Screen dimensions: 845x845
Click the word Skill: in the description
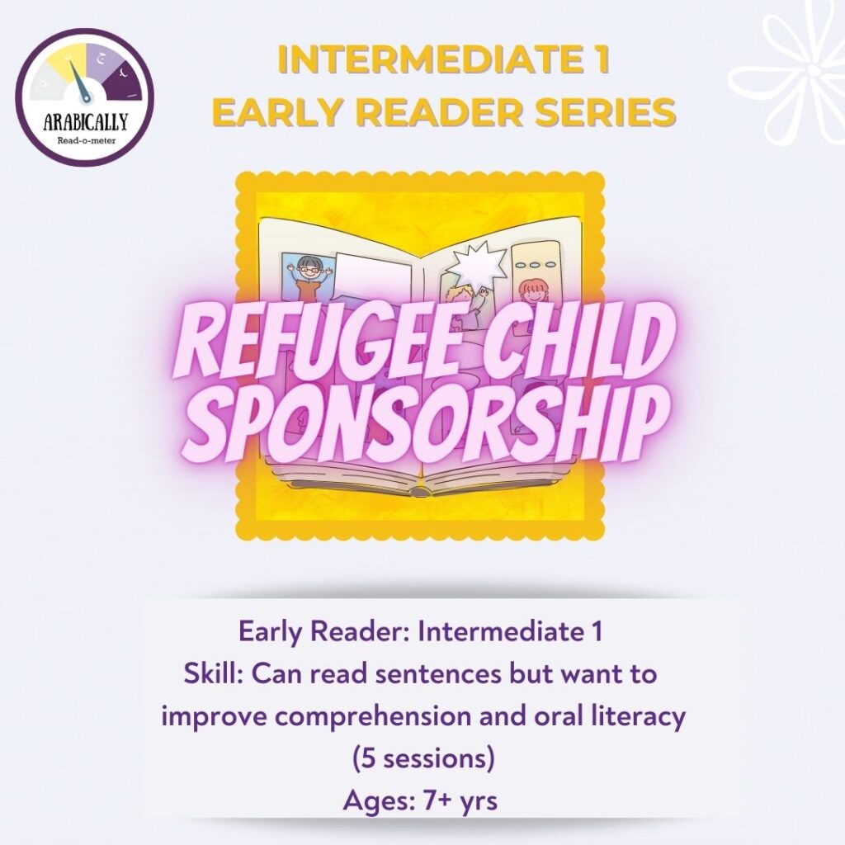215,674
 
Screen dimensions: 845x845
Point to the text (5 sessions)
422,758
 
